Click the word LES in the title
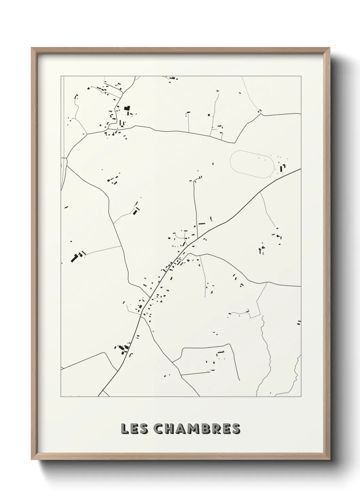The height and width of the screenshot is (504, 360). coord(134,429)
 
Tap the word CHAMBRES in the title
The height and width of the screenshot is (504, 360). coord(197,429)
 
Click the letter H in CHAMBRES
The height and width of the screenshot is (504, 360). coord(170,429)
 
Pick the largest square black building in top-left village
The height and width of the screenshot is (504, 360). coord(127,109)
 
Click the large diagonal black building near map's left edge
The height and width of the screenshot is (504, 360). coord(74,258)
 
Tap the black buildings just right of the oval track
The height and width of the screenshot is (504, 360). coord(282,168)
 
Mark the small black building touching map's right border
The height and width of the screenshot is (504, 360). coord(299,322)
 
